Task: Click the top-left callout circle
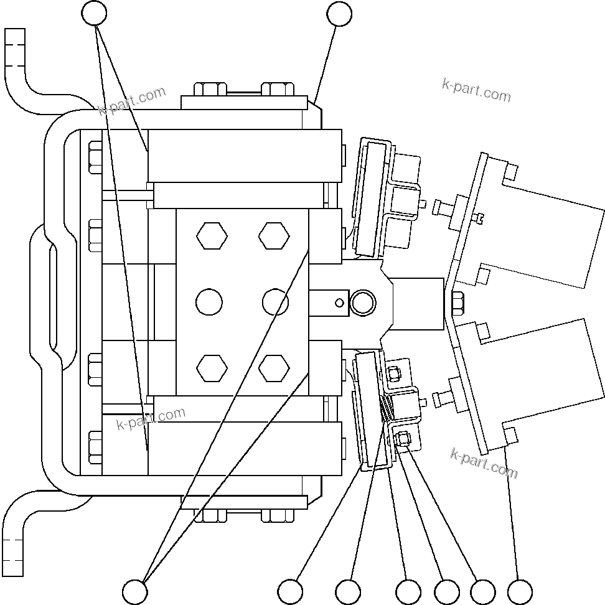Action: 95,14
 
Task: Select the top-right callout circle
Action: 339,14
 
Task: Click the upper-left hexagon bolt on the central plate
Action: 212,237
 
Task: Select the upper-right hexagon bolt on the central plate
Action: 274,237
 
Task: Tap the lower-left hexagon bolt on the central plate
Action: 212,368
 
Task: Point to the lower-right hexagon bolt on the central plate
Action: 274,368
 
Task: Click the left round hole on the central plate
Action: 209,302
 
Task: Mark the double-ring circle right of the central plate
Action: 362,303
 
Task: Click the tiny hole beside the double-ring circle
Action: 339,303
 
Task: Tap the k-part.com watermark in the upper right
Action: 476,91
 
